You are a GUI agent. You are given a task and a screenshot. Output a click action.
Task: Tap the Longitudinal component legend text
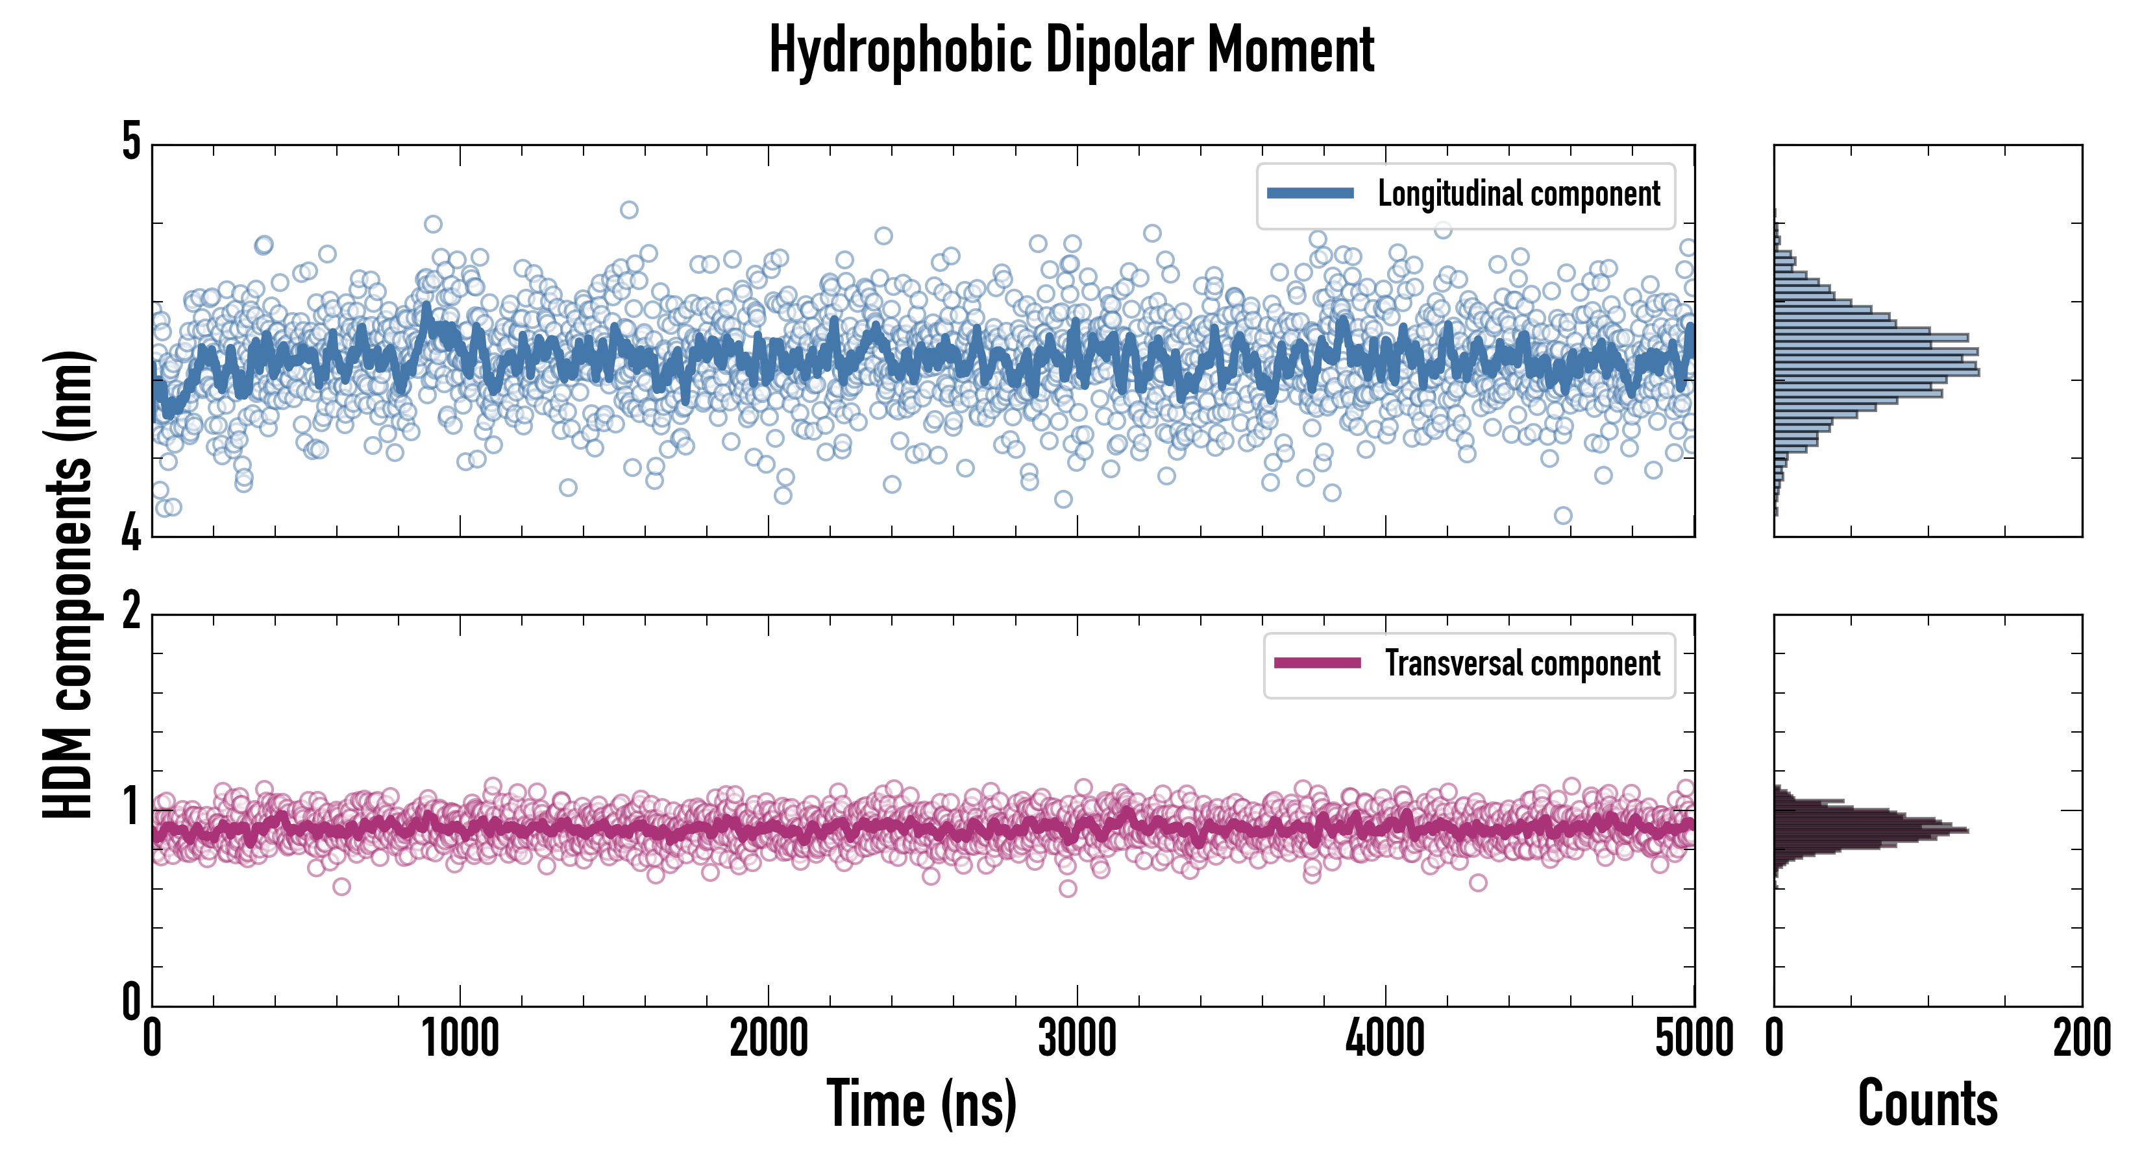click(1518, 195)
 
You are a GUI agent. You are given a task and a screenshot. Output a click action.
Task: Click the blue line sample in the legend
click(1310, 194)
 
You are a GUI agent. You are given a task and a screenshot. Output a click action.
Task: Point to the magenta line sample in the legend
click(1317, 663)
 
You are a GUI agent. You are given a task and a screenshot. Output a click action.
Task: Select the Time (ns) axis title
click(921, 1103)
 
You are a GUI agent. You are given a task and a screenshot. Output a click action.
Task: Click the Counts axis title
click(1927, 1103)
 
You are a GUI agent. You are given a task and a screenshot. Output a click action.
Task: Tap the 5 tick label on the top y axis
click(131, 142)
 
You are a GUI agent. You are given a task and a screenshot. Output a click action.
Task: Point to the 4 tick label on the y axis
click(131, 532)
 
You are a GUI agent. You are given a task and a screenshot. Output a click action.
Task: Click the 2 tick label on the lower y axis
click(131, 613)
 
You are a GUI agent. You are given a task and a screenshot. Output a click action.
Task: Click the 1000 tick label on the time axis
click(460, 1038)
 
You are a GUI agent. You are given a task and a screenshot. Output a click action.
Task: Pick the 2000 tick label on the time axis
click(769, 1038)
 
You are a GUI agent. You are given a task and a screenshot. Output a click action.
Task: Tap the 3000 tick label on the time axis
click(1077, 1038)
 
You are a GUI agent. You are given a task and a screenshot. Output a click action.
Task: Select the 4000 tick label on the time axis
click(1385, 1038)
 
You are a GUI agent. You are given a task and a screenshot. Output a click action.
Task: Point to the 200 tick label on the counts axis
click(2081, 1038)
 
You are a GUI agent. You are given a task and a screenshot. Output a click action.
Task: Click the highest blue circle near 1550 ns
click(630, 210)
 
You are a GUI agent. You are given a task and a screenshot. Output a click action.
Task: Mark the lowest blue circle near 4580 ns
click(1563, 515)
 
